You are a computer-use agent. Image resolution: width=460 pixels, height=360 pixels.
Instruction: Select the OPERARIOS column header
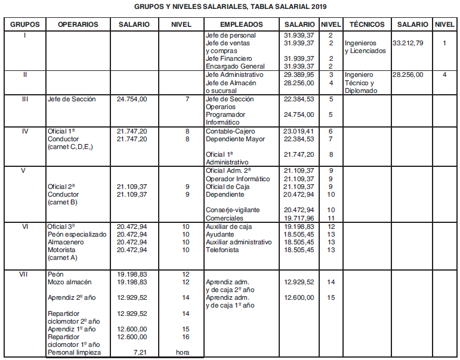tap(78, 24)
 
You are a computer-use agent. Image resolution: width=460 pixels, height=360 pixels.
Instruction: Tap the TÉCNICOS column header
tap(367, 24)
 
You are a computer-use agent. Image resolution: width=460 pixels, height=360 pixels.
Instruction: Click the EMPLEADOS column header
tap(241, 24)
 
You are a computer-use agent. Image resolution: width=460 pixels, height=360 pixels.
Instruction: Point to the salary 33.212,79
tap(412, 44)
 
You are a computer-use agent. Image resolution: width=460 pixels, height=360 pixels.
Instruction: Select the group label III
tap(24, 100)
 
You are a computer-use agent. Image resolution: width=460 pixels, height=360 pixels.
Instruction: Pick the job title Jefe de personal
tap(230, 36)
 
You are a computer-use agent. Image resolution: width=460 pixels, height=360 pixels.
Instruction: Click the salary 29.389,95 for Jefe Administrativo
tap(299, 75)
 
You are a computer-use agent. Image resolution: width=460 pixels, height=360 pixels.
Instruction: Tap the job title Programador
tap(226, 114)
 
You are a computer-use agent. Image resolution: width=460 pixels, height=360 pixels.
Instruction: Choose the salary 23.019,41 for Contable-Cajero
tap(299, 131)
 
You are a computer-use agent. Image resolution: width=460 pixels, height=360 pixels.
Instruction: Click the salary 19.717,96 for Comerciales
tap(299, 218)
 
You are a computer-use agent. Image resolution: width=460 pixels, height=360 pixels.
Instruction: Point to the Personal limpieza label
tap(74, 353)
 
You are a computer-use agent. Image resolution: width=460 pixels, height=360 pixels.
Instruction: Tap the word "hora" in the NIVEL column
tap(182, 353)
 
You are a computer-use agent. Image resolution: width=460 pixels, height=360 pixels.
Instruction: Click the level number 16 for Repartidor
tap(186, 337)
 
